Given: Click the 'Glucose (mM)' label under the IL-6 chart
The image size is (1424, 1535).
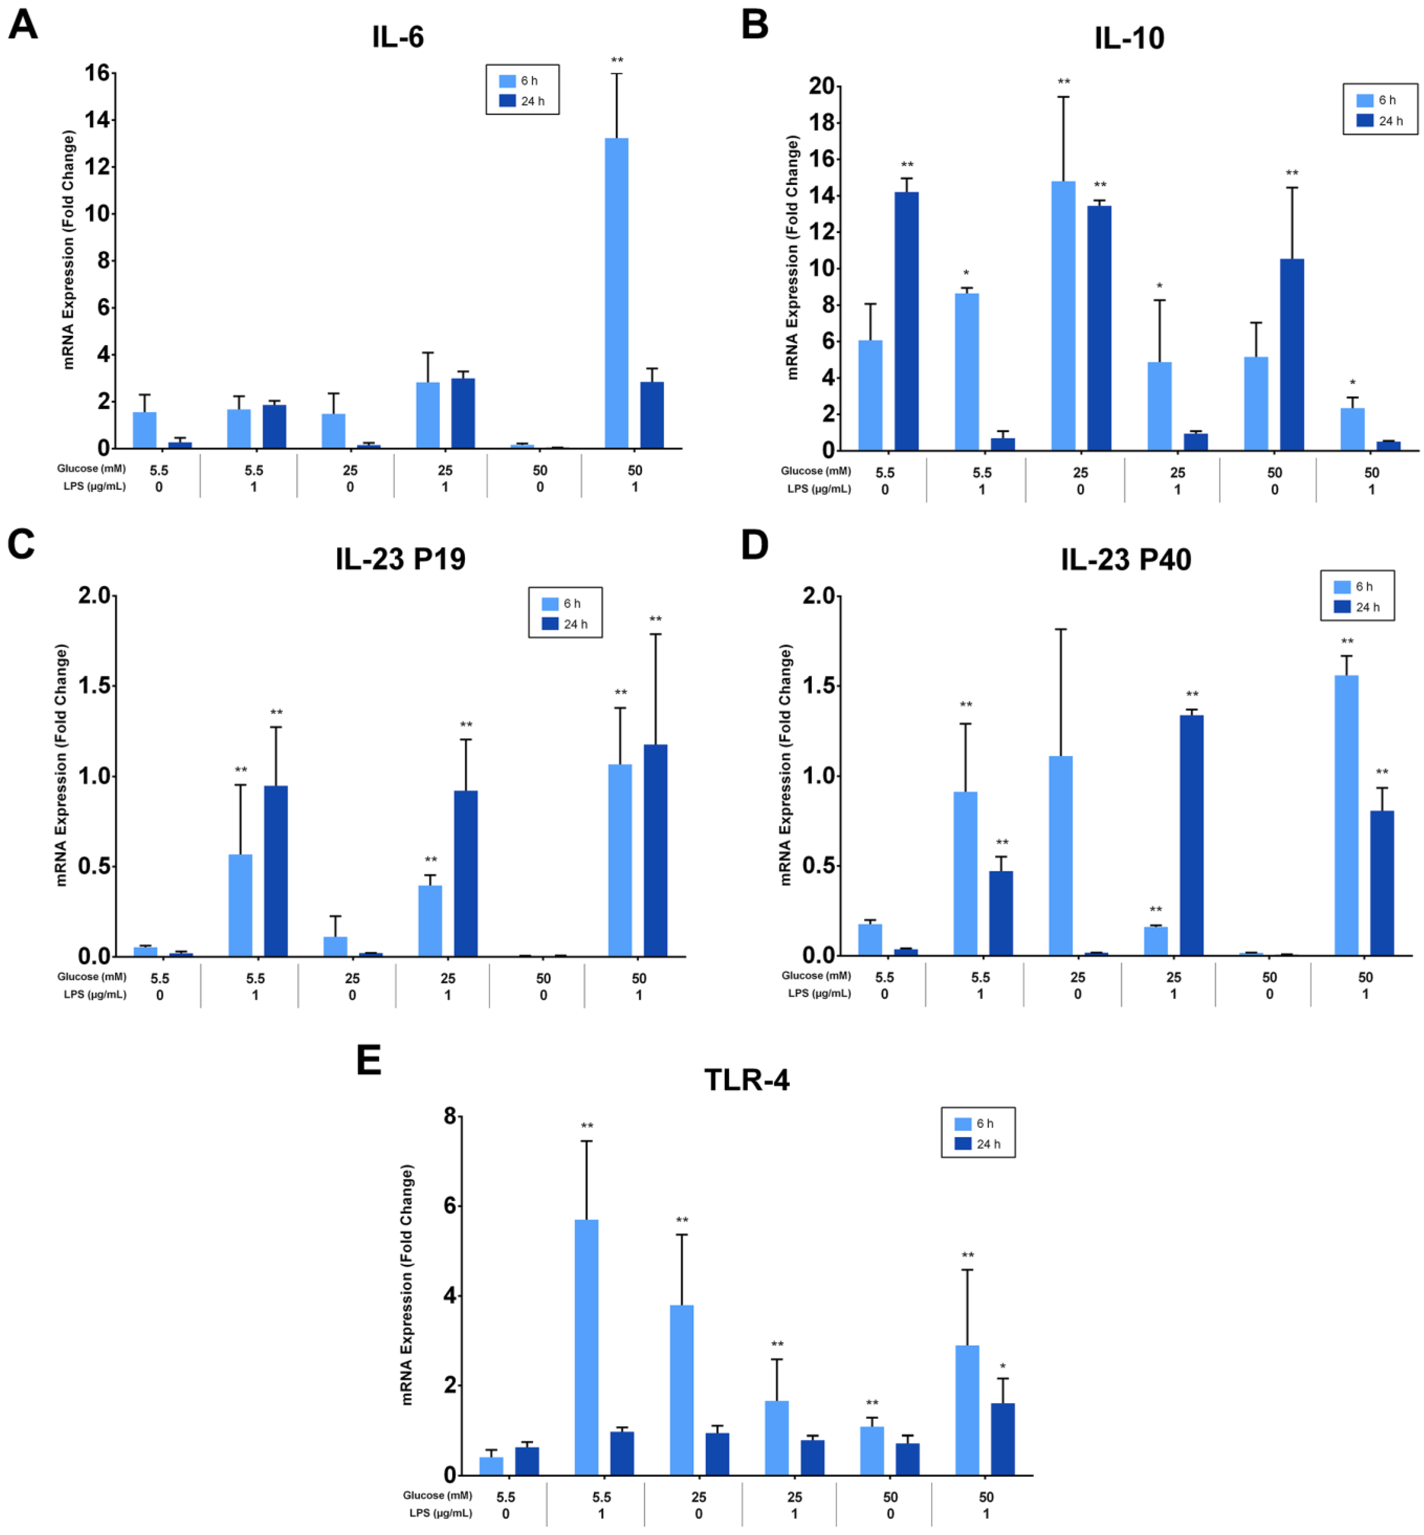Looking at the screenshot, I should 91,468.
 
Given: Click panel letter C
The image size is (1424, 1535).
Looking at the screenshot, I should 22,545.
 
